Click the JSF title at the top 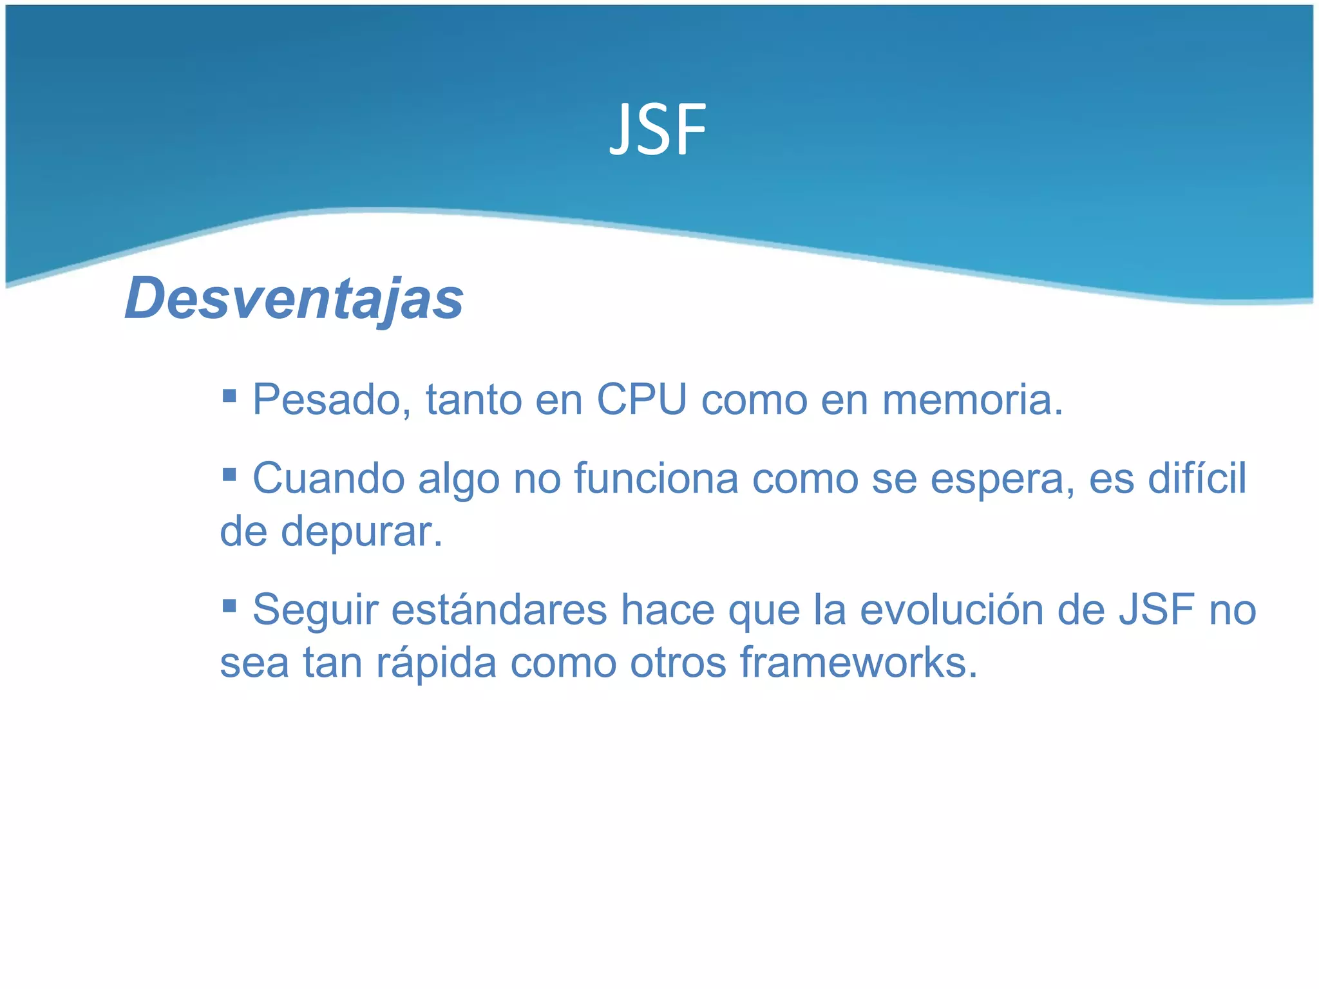tap(658, 131)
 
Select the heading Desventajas tap(294, 298)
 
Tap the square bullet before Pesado tap(229, 395)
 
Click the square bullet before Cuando tap(229, 475)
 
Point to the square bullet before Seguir tap(229, 605)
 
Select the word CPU tap(641, 400)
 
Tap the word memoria tap(972, 400)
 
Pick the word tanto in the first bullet tap(473, 400)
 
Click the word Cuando tap(328, 480)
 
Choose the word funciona tap(656, 480)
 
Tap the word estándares tap(499, 610)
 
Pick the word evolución tap(951, 610)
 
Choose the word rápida tap(436, 664)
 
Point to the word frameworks tap(858, 663)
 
